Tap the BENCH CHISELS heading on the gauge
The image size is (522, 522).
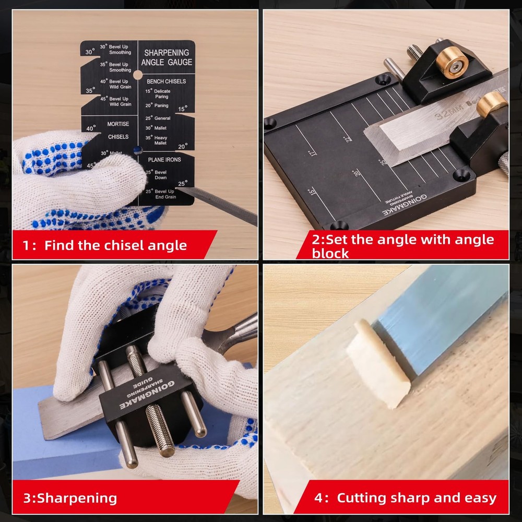tap(166, 81)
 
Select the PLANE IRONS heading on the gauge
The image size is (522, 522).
tap(164, 159)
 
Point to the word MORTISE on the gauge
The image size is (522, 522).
tap(118, 124)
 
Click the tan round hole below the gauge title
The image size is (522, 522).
tap(138, 75)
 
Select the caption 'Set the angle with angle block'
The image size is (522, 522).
tap(402, 246)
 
